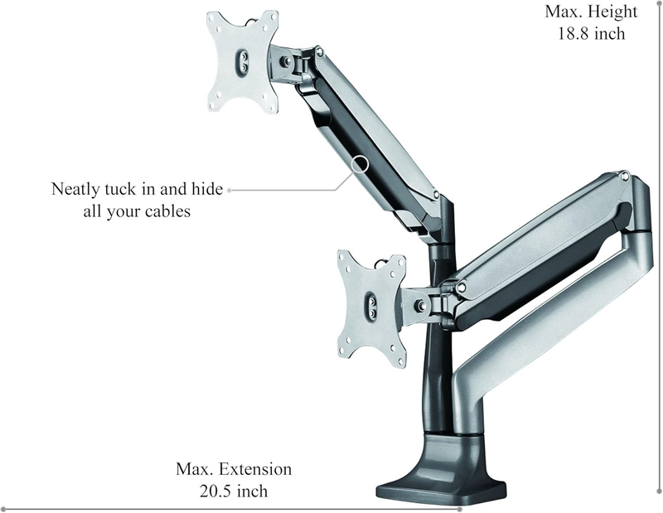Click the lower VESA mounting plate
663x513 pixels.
click(371, 308)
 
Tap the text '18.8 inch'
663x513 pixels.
click(591, 33)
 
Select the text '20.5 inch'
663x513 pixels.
click(234, 491)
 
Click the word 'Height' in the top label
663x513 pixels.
click(612, 12)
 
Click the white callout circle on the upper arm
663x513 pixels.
click(360, 163)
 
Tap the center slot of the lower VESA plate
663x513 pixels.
click(371, 306)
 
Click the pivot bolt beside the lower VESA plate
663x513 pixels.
click(421, 304)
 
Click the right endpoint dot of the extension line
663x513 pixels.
click(460, 509)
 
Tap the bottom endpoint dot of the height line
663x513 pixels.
click(659, 491)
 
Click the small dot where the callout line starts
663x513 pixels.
click(230, 191)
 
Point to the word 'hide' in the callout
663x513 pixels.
click(206, 188)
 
